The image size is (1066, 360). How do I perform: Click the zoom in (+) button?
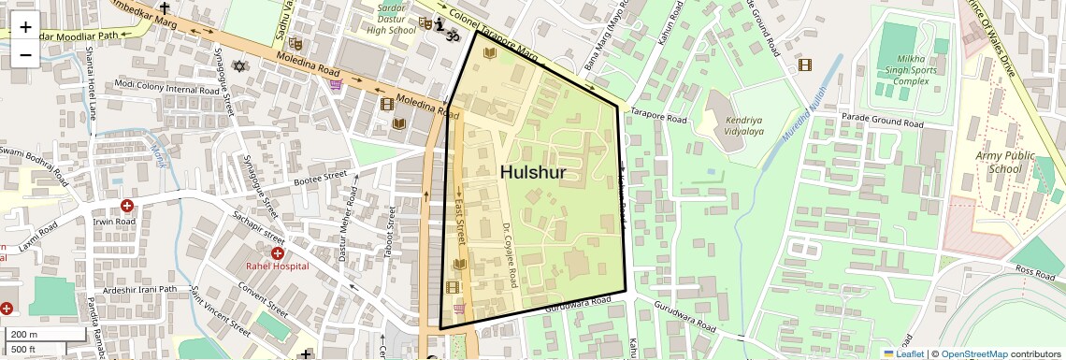click(25, 27)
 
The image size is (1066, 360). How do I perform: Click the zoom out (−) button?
click(25, 54)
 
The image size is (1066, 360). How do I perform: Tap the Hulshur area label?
click(533, 172)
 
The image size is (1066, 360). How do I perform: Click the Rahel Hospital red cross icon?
click(278, 253)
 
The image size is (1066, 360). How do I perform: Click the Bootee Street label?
click(320, 178)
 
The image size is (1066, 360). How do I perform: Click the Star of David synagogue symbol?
click(239, 66)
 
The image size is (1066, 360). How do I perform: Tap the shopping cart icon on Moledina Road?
click(336, 85)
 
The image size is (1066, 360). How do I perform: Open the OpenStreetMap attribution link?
click(973, 353)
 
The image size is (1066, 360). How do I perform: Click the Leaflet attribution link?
click(904, 353)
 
